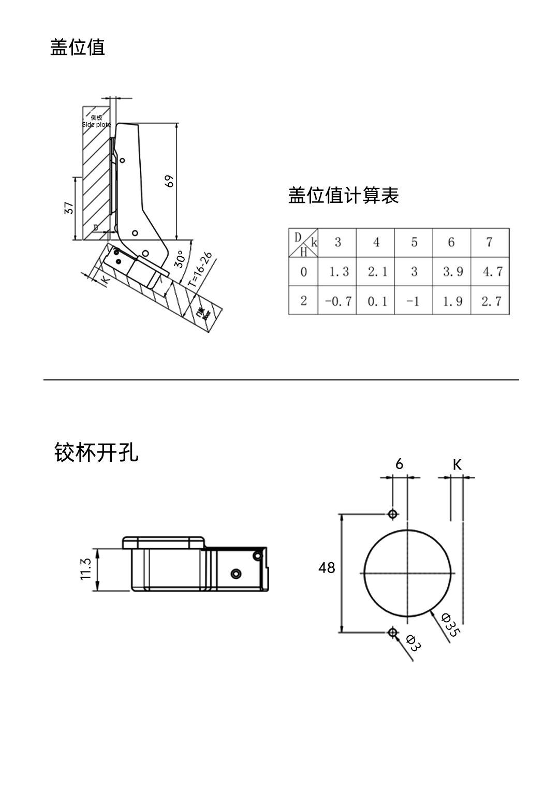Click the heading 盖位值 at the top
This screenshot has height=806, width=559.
tap(78, 47)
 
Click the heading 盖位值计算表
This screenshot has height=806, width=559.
tap(343, 196)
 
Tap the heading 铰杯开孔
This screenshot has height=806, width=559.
tap(96, 452)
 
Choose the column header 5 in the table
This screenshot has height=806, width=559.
tap(414, 242)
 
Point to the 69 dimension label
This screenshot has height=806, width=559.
tap(169, 181)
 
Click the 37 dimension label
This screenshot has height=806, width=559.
tap(69, 208)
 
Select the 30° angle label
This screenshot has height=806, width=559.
tap(180, 259)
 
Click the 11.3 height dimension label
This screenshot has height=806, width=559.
tap(86, 569)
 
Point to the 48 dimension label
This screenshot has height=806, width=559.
tap(327, 568)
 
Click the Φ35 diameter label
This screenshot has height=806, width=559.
tap(450, 625)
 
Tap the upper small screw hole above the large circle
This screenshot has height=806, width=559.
tap(393, 514)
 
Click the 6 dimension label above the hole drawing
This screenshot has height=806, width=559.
tap(399, 464)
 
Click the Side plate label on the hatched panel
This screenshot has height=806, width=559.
tap(96, 124)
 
